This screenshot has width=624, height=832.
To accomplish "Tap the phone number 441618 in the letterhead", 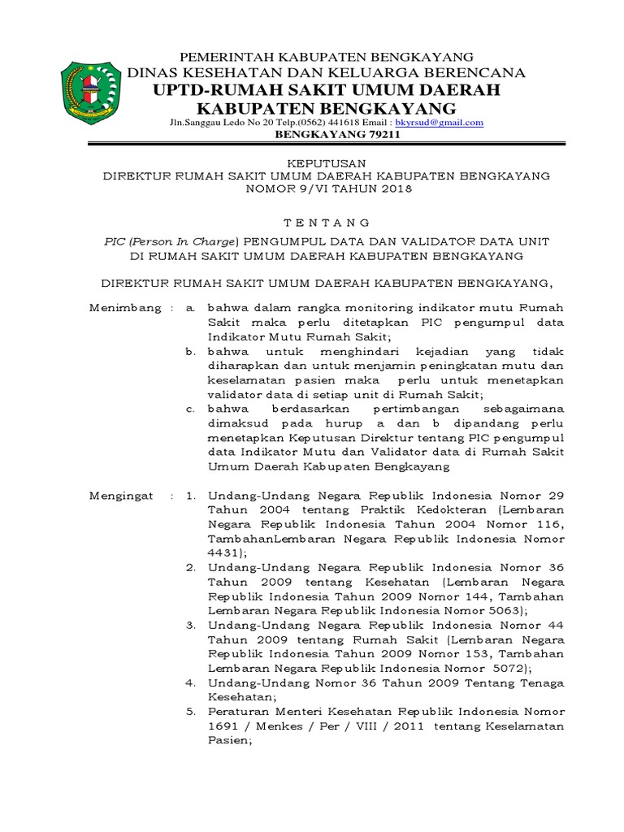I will [x=339, y=123].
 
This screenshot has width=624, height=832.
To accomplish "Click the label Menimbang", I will [x=121, y=309].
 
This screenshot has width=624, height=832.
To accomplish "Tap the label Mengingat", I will [x=121, y=495].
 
